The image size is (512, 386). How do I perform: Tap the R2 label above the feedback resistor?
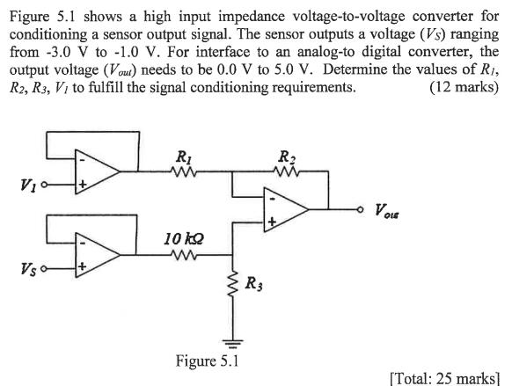tap(288, 158)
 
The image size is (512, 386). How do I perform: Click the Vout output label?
tap(391, 210)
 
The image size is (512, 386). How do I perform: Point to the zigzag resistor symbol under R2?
tap(289, 173)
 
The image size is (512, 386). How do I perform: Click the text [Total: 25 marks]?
tap(444, 377)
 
